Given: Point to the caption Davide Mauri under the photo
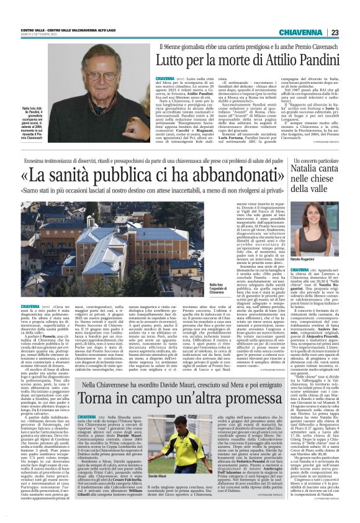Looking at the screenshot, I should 157,476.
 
